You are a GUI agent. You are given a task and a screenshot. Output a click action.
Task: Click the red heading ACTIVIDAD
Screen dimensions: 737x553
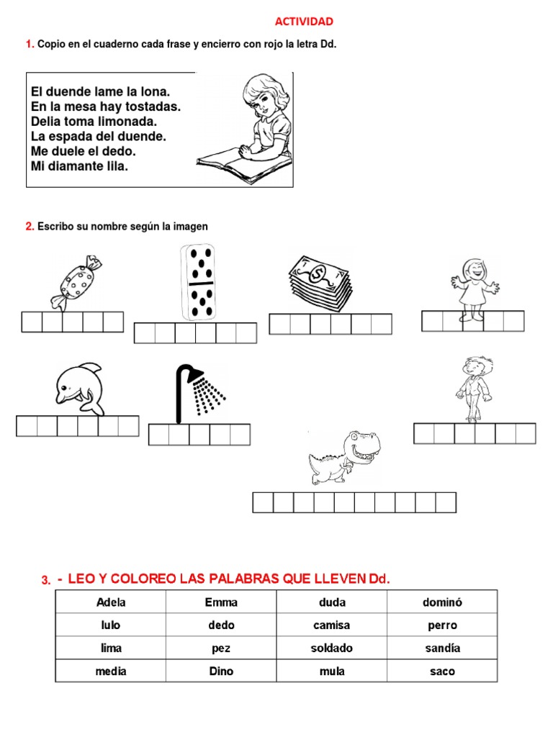tap(304, 22)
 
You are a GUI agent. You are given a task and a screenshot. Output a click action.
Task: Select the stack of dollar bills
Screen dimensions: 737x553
tap(321, 280)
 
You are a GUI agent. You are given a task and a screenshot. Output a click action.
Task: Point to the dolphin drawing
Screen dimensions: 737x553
tap(78, 389)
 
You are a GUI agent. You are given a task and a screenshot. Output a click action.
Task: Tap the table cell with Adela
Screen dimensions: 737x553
tap(110, 602)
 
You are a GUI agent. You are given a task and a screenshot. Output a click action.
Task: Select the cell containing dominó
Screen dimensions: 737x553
tap(441, 602)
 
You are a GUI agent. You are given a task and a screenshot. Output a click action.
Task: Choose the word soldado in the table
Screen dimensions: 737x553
tap(331, 648)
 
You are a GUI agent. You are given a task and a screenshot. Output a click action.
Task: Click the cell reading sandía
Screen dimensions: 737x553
tap(441, 648)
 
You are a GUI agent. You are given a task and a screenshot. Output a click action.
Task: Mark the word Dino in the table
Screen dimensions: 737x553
tap(220, 671)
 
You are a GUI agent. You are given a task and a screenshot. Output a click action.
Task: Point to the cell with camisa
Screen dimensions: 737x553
tap(331, 625)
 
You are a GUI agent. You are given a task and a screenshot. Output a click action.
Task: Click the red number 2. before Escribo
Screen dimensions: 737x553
tap(30, 226)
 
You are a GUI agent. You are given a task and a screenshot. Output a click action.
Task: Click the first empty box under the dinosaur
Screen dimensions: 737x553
tap(263, 502)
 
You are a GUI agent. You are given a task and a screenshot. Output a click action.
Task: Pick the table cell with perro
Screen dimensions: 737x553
tap(441, 625)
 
